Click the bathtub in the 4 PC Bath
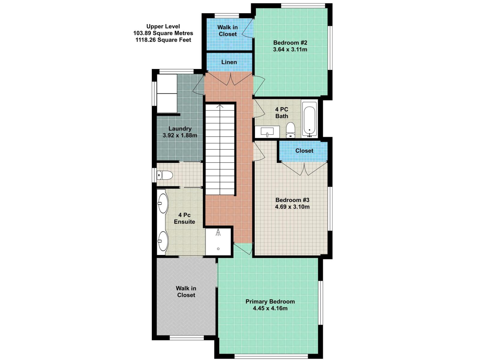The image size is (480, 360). click(309, 119)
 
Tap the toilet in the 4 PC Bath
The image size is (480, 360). click(290, 130)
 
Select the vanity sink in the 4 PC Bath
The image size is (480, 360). click(267, 132)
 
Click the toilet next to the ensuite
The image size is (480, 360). click(165, 175)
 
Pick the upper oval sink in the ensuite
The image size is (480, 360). click(163, 203)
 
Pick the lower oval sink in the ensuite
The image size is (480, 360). click(163, 241)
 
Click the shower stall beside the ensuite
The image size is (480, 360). click(218, 242)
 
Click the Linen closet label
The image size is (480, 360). click(229, 62)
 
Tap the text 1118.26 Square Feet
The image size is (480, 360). click(163, 40)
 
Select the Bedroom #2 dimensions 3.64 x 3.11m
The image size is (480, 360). click(290, 49)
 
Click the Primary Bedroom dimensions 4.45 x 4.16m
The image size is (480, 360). click(270, 308)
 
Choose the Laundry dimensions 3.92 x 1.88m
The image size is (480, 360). click(180, 135)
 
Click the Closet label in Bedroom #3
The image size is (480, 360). click(304, 151)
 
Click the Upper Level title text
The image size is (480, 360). click(163, 26)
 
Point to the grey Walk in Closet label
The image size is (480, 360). click(186, 292)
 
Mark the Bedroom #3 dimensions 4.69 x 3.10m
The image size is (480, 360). click(292, 207)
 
